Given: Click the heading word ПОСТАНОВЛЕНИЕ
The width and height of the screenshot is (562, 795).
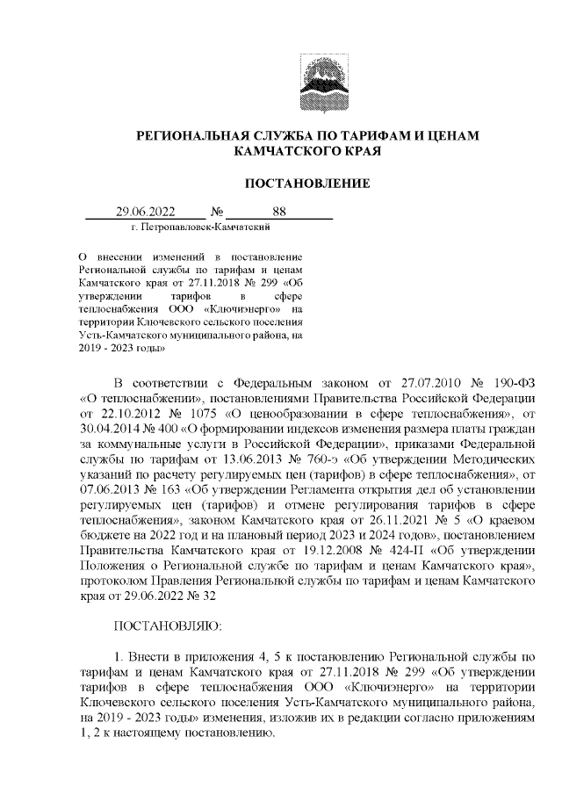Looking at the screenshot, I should click(x=306, y=183).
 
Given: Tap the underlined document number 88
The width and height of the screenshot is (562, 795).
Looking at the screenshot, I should click(x=280, y=211).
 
